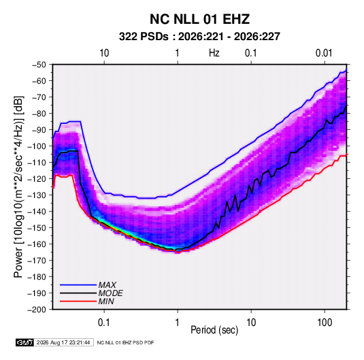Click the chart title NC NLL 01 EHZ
pyautogui.click(x=199, y=19)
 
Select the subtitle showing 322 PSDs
pyautogui.click(x=199, y=37)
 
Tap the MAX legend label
pyautogui.click(x=107, y=284)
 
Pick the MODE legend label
pyautogui.click(x=110, y=293)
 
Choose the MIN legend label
pyautogui.click(x=106, y=301)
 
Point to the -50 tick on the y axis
pyautogui.click(x=39, y=65)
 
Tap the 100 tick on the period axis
pyautogui.click(x=325, y=323)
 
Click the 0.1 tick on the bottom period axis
pyautogui.click(x=104, y=323)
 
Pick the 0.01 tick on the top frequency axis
pyautogui.click(x=324, y=53)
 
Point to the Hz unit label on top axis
pyautogui.click(x=214, y=53)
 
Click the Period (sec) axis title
pyautogui.click(x=214, y=330)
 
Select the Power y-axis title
pyautogui.click(x=18, y=186)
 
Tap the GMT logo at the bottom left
pyautogui.click(x=24, y=342)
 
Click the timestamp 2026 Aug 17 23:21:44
pyautogui.click(x=63, y=342)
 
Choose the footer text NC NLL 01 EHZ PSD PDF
pyautogui.click(x=125, y=342)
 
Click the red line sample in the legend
pyautogui.click(x=78, y=301)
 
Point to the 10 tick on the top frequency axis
pyautogui.click(x=104, y=53)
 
